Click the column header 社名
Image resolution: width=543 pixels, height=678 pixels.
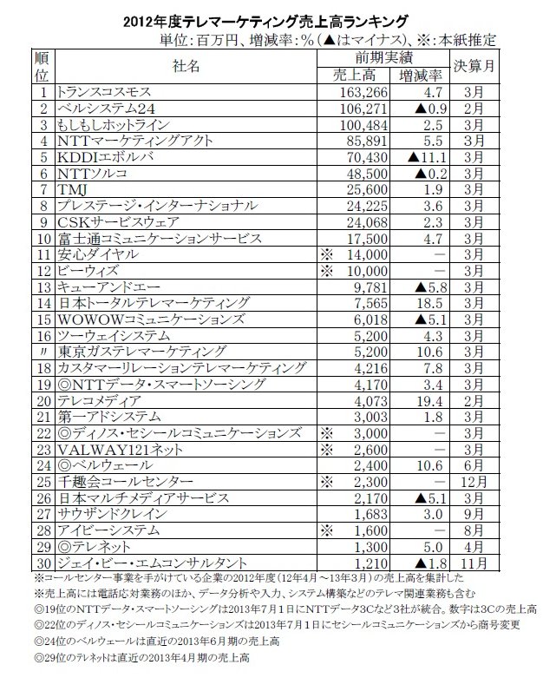click(186, 65)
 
